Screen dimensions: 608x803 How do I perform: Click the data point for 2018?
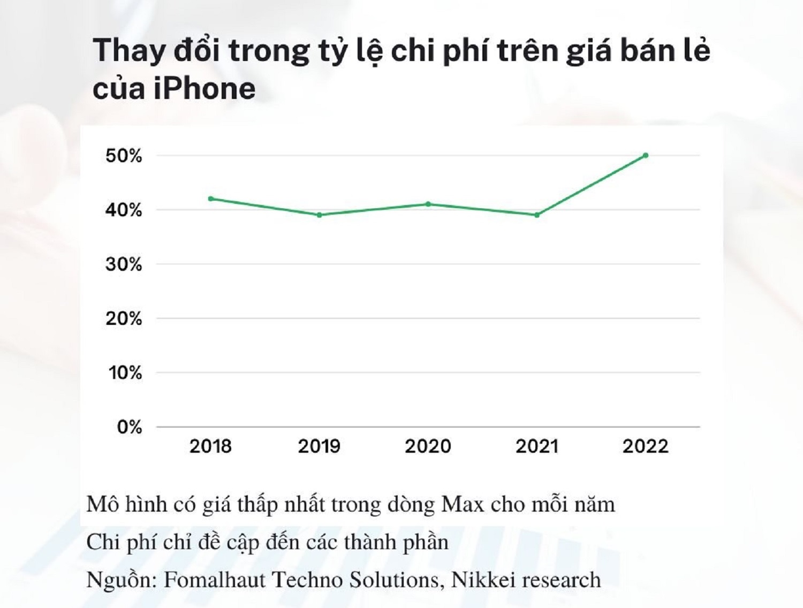(211, 199)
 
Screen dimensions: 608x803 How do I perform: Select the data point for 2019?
(320, 215)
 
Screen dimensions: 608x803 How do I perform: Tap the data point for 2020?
(428, 204)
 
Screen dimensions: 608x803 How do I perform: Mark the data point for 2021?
(537, 215)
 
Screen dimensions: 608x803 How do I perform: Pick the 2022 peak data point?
(646, 155)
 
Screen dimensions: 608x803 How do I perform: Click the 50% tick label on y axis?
(124, 156)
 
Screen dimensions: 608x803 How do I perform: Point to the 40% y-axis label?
(124, 210)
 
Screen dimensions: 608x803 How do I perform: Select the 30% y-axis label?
(124, 264)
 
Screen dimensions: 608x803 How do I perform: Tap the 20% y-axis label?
(124, 319)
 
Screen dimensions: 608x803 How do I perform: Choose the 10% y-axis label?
(125, 373)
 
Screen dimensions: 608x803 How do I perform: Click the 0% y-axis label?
(130, 427)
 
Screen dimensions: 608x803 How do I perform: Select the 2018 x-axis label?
(210, 446)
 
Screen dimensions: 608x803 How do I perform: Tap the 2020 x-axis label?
(428, 446)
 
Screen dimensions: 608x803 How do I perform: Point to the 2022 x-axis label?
(645, 446)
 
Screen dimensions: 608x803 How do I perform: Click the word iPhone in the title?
(204, 88)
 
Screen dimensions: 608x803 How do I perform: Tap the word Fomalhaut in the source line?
(214, 580)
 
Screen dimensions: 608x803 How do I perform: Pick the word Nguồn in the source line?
(121, 580)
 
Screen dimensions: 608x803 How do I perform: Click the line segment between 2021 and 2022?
(591, 185)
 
